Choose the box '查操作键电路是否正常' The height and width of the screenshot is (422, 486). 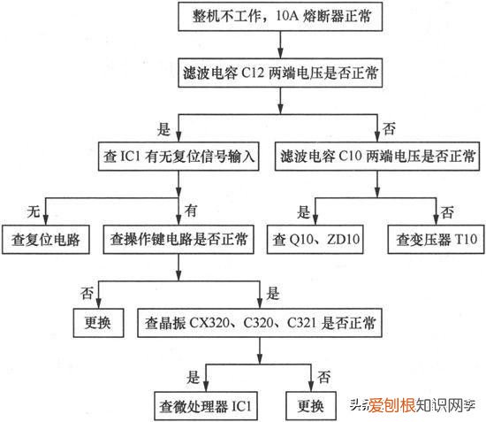[x=179, y=239]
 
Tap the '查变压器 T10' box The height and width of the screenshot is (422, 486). [x=435, y=239]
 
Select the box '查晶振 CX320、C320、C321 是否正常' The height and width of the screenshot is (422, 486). [x=259, y=322]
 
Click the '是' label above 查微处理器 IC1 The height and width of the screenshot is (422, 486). [x=193, y=378]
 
